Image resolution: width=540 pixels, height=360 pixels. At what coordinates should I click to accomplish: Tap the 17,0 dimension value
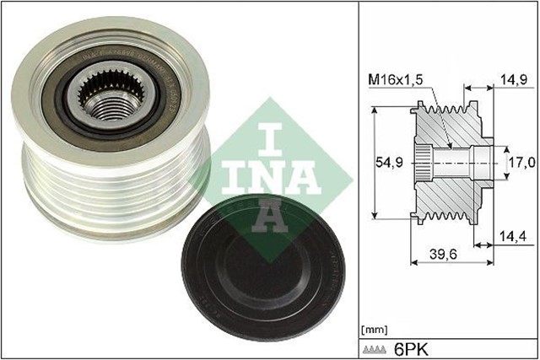(518, 159)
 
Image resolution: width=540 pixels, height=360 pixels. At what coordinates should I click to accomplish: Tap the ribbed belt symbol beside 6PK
(374, 347)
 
